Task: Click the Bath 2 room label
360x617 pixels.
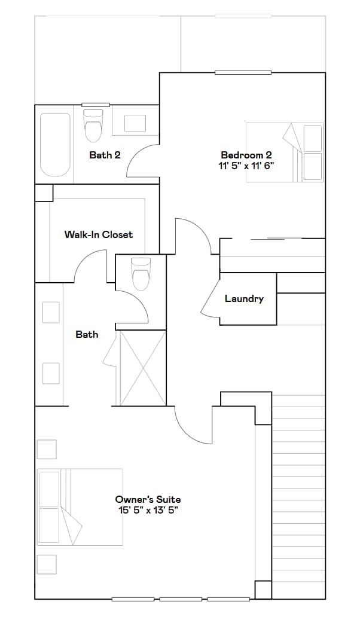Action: pos(105,155)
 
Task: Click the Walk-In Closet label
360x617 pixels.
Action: pos(99,234)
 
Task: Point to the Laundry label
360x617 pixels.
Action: pos(244,298)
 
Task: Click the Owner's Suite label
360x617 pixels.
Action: pos(148,499)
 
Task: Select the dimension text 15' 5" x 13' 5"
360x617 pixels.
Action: pos(148,510)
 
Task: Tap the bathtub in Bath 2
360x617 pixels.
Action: pos(56,145)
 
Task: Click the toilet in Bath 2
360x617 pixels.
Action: pos(93,126)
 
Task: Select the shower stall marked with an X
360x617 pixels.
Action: pos(143,368)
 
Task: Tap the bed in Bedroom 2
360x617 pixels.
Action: pos(285,152)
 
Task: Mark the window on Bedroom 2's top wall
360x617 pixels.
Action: pos(243,73)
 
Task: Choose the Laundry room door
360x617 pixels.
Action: pos(210,299)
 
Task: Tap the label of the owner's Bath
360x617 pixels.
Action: pos(87,334)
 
